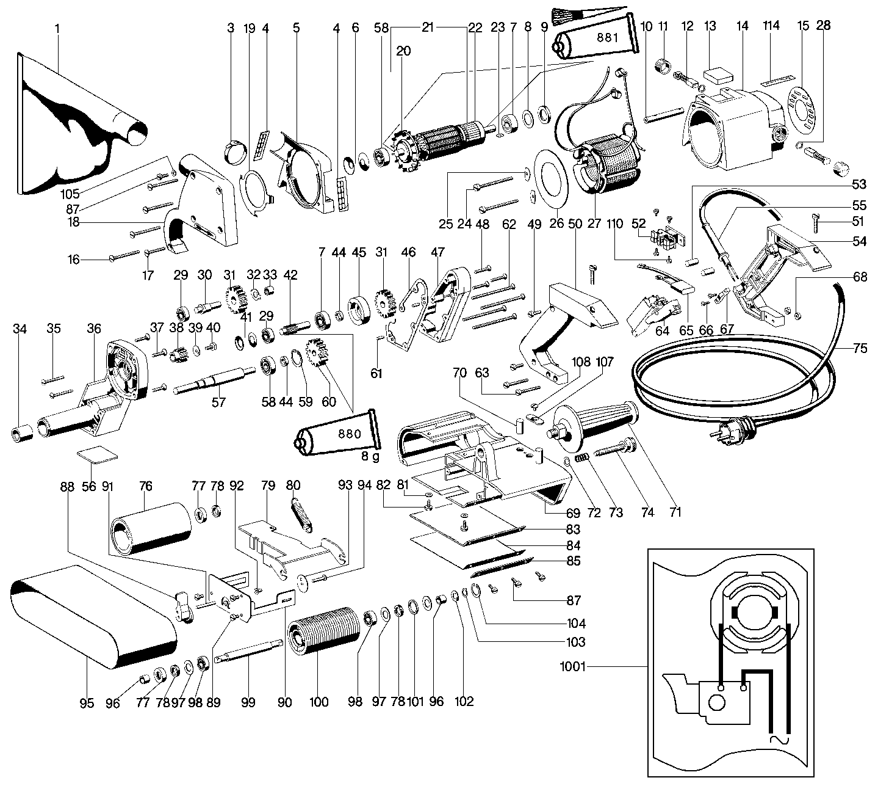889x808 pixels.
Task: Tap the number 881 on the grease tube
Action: [x=608, y=38]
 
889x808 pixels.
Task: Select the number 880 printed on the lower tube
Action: [x=350, y=434]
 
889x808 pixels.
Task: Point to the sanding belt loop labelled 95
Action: [x=93, y=617]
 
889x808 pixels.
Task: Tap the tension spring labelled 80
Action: [x=302, y=514]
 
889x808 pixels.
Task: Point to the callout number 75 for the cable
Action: [x=859, y=349]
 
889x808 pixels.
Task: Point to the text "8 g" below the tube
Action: [x=370, y=456]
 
